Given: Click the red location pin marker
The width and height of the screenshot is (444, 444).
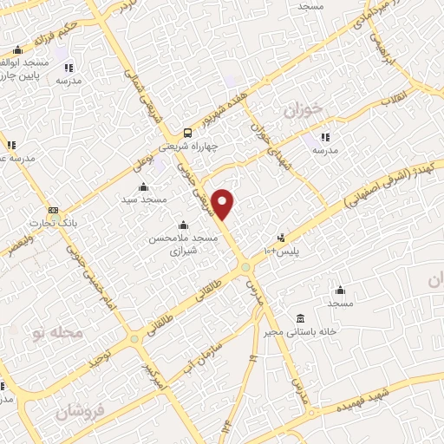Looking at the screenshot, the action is pos(224,203).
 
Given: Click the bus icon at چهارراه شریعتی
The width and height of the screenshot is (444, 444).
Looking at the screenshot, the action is pos(187,133).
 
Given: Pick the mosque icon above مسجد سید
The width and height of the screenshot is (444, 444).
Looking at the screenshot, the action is pos(143,187).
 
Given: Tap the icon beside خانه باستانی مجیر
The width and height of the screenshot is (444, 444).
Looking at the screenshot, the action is pos(300,317).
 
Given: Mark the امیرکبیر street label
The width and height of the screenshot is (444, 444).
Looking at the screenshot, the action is pos(152,374).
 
